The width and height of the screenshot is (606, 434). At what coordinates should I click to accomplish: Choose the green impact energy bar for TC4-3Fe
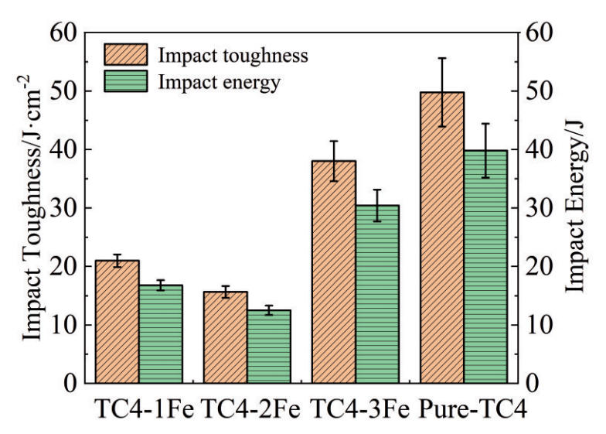[377, 294]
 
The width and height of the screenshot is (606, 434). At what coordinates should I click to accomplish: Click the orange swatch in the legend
[125, 56]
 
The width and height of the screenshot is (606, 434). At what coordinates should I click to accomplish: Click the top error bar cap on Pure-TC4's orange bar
[442, 58]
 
